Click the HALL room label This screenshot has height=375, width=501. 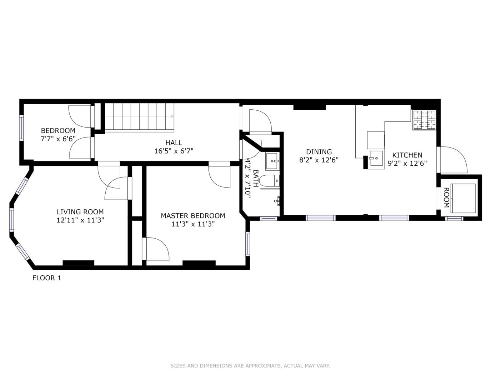[174, 143]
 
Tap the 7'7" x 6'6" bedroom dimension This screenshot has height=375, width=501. [58, 139]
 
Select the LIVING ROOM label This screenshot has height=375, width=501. [80, 212]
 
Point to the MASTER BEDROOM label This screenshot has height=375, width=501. [193, 216]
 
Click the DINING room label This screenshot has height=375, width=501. [319, 152]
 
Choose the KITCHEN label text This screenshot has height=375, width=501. [407, 155]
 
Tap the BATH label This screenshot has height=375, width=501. [256, 178]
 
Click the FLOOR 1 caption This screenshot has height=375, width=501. [47, 278]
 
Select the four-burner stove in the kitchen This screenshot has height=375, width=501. [424, 120]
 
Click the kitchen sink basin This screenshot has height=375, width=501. [376, 158]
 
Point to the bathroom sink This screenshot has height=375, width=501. [272, 161]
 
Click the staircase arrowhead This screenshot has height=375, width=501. [172, 116]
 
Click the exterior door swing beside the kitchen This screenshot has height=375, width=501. [454, 160]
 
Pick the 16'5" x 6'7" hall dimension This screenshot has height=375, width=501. [174, 151]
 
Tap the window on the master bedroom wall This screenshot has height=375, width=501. [247, 244]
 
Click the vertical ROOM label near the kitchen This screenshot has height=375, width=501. [446, 197]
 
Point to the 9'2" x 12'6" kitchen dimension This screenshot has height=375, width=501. [407, 163]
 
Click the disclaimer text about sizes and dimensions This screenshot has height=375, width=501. [250, 366]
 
